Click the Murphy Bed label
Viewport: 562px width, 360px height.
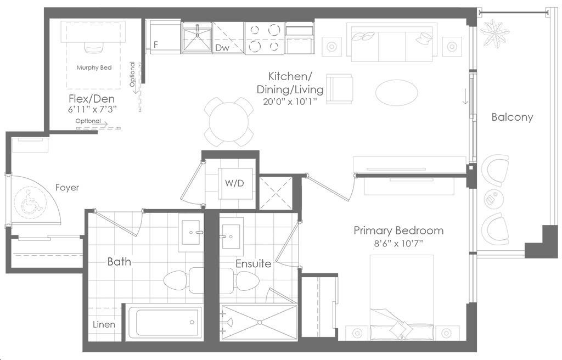[x=94, y=67]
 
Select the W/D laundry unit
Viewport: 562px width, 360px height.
[x=235, y=184]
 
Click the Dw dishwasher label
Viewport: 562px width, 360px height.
[x=222, y=48]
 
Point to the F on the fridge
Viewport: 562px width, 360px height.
[x=155, y=45]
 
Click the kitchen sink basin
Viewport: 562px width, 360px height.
[x=197, y=38]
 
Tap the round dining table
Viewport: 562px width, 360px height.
[x=229, y=122]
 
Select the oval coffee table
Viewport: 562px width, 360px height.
[x=396, y=92]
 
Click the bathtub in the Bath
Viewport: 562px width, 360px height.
[x=164, y=323]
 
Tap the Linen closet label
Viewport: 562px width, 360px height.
[x=104, y=324]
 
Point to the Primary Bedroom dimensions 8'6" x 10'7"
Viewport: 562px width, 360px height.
[x=398, y=244]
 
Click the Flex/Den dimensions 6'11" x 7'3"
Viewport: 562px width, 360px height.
[x=93, y=109]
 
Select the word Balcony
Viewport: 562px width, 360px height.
[x=512, y=117]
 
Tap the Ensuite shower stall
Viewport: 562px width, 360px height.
[x=259, y=323]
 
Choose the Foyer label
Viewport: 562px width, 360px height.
[x=67, y=188]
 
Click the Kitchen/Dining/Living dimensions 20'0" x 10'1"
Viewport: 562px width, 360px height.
[x=290, y=102]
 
